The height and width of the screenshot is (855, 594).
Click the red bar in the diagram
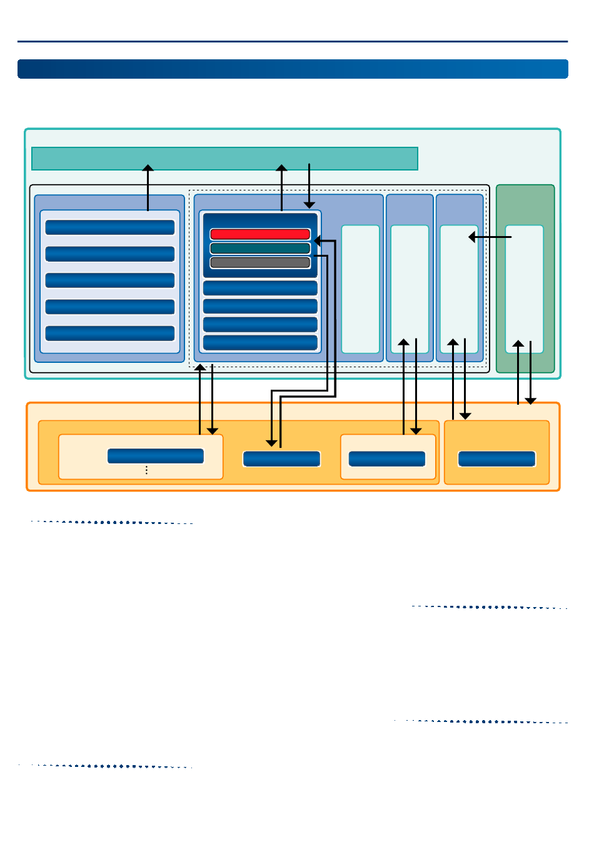(260, 234)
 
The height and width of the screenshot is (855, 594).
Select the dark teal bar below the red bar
(260, 249)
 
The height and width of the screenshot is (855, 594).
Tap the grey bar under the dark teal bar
(260, 263)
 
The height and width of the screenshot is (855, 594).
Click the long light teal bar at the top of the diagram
(224, 159)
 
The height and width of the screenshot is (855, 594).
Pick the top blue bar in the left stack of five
(110, 227)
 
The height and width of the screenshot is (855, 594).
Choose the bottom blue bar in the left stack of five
(110, 334)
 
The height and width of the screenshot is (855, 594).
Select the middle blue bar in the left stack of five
(110, 280)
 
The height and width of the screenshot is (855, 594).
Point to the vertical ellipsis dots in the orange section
(146, 470)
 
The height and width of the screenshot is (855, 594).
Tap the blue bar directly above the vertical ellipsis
(156, 456)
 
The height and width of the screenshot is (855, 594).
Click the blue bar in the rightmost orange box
(496, 459)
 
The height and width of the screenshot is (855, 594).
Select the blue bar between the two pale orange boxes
(281, 459)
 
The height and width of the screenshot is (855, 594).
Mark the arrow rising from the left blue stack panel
(148, 187)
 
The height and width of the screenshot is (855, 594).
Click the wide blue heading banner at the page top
(293, 69)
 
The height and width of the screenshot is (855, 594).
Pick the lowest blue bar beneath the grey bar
(260, 343)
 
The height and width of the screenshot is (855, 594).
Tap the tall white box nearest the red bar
(360, 289)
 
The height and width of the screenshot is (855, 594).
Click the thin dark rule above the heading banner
(293, 42)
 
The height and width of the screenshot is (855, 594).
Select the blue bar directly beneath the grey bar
(260, 288)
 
